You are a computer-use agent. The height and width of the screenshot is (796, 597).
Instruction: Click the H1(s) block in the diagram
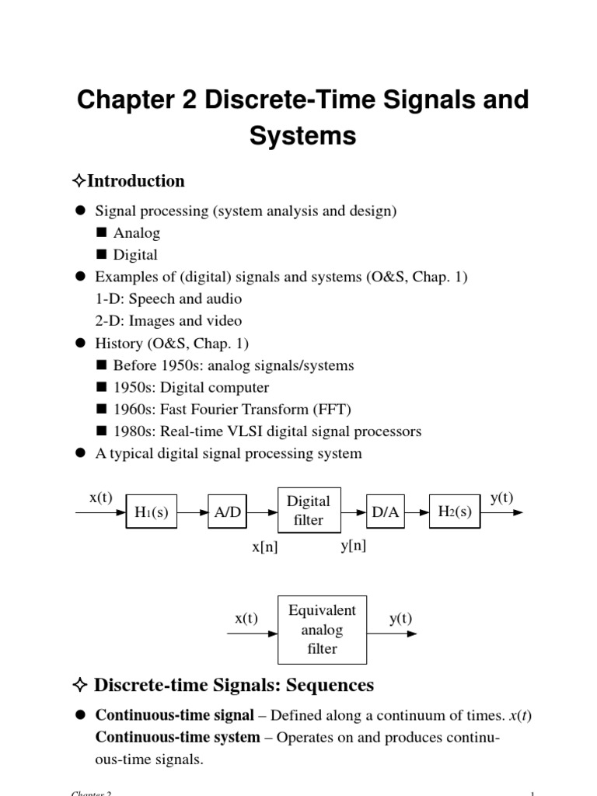coord(152,512)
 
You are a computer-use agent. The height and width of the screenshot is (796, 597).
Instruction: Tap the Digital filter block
coord(309,511)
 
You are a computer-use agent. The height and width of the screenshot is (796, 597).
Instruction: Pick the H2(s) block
coord(455,511)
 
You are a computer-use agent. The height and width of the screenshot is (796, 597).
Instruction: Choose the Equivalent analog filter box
coord(322,630)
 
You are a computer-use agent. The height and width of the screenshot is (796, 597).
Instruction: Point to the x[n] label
coord(264,547)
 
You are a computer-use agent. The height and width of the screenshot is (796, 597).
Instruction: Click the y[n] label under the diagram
coord(353,546)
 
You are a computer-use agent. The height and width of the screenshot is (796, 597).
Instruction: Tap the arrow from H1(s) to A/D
coord(192,512)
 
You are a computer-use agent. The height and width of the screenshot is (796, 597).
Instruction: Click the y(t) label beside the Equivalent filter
coord(400,618)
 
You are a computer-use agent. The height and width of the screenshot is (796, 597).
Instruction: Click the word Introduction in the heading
coord(136,181)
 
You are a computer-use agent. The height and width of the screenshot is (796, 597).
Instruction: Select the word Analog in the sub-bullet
coord(137,232)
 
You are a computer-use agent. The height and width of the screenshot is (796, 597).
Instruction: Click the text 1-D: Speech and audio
coord(168,298)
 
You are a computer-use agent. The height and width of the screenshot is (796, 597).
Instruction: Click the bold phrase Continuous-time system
coord(177,737)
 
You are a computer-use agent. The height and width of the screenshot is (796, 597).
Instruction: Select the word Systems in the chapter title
coord(302,135)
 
